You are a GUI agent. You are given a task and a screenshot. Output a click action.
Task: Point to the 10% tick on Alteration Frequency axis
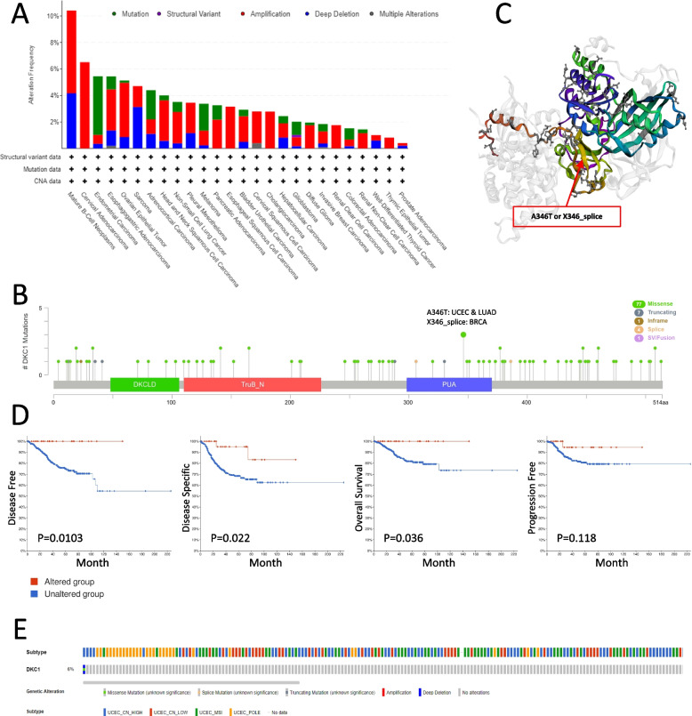54,16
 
